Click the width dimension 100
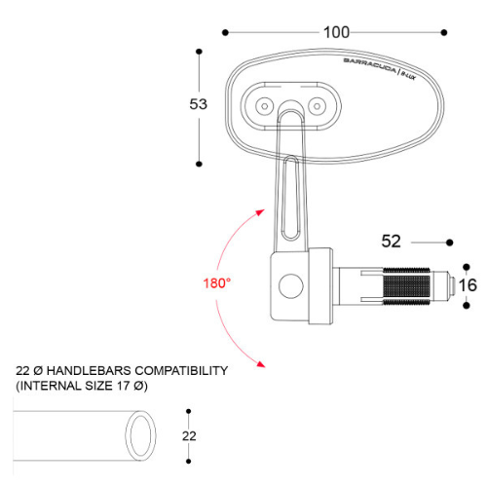pos(336,32)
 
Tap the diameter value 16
pos(468,284)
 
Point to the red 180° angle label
pos(216,283)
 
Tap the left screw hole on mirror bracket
pos(264,102)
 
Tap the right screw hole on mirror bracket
pos(318,102)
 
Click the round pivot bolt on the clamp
pos(289,285)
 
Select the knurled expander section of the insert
pos(409,284)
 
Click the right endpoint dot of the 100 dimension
pos(447,32)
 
